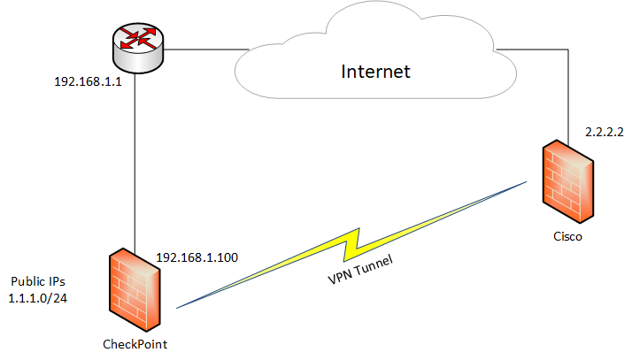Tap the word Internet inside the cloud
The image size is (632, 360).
tap(376, 72)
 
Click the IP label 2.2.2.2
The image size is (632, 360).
tap(605, 130)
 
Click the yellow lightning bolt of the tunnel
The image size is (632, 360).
tap(354, 241)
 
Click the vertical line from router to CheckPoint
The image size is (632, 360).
tap(134, 159)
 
